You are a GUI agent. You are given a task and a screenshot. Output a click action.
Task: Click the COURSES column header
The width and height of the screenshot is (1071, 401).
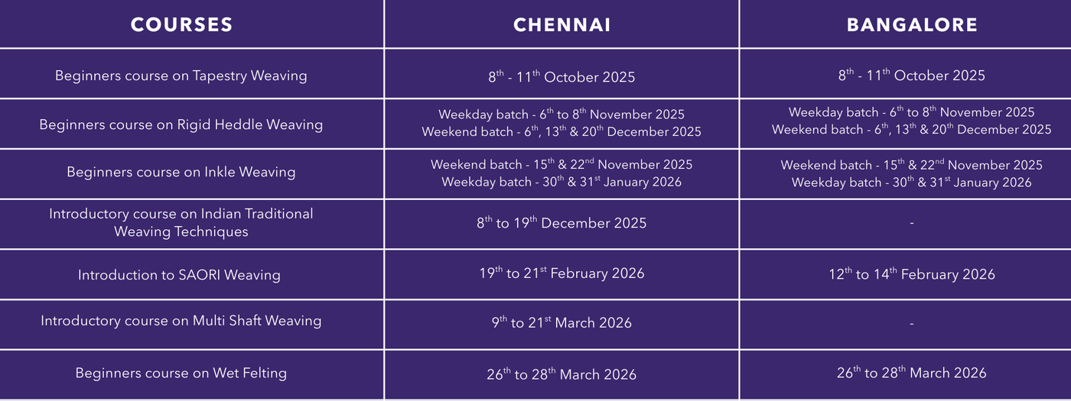point(181,24)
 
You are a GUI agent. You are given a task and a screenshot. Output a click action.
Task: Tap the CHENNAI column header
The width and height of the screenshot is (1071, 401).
point(562,24)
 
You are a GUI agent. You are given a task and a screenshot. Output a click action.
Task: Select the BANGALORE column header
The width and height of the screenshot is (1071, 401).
point(912,24)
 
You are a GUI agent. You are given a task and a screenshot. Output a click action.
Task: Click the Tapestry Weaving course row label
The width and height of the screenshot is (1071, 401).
point(181,76)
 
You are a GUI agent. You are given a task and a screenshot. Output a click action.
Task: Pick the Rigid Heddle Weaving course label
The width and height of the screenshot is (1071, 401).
point(181,125)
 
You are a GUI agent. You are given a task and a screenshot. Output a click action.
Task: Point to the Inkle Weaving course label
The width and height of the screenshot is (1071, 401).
point(181,172)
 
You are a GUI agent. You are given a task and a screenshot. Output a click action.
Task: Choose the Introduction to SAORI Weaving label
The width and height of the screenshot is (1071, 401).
point(179,275)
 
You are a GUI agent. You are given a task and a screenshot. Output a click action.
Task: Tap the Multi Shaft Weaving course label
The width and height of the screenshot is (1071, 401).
point(181,321)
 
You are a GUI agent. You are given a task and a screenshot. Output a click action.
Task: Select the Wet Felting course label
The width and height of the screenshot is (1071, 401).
point(181,373)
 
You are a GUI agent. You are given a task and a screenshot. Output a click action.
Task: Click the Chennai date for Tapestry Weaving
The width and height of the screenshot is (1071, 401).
point(562,76)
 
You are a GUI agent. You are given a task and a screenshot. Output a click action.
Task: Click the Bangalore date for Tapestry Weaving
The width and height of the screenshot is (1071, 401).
point(912,75)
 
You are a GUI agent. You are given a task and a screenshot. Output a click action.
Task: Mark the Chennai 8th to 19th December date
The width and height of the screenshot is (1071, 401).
point(562,222)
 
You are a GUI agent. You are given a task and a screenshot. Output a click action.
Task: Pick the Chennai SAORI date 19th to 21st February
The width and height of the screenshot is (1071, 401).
point(562,273)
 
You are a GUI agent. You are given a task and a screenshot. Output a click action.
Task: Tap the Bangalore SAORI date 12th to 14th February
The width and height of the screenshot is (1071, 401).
point(912,274)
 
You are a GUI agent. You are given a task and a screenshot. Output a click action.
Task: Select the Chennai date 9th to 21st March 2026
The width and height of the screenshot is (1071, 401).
point(562,322)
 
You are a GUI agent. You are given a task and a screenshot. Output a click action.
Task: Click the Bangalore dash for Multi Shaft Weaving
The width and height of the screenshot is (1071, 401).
point(912,324)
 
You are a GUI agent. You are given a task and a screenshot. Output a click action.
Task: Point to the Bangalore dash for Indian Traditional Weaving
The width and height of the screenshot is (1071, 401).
point(912,223)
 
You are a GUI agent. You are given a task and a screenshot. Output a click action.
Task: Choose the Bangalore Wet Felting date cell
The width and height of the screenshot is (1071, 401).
point(912,373)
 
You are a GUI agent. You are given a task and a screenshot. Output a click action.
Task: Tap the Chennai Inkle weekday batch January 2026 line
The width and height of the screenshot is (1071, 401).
point(562,182)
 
